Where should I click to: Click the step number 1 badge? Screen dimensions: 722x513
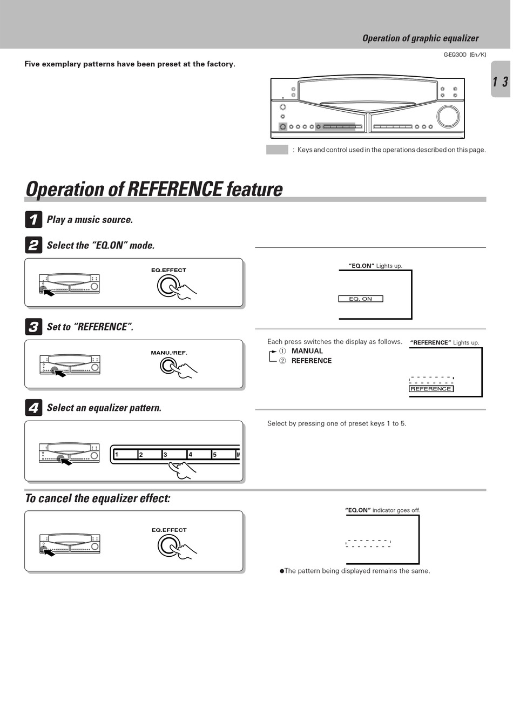click(33, 220)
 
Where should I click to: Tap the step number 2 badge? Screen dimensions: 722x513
click(33, 245)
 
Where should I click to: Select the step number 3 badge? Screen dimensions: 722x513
click(33, 327)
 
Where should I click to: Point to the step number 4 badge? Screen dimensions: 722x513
click(33, 408)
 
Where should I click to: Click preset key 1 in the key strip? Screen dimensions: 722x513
click(125, 454)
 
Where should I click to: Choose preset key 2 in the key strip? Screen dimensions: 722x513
click(150, 454)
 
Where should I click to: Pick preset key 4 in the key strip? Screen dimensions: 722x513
click(199, 454)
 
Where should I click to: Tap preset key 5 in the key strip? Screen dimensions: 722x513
click(223, 454)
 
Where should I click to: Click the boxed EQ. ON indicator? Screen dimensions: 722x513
click(361, 299)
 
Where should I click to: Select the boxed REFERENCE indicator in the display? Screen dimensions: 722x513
click(431, 389)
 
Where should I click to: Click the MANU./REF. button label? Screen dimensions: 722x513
click(169, 353)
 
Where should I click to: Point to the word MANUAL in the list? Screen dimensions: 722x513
click(307, 351)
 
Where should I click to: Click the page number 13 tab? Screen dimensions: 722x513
click(500, 82)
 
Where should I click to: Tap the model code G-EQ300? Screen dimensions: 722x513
click(455, 55)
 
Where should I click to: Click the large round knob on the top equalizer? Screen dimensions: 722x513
click(448, 117)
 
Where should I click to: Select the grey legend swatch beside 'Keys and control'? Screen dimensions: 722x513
click(277, 150)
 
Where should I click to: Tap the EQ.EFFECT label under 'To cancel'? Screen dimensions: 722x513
click(169, 530)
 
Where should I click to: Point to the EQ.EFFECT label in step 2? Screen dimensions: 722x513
click(168, 270)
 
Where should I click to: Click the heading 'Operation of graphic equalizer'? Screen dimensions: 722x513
click(420, 38)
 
